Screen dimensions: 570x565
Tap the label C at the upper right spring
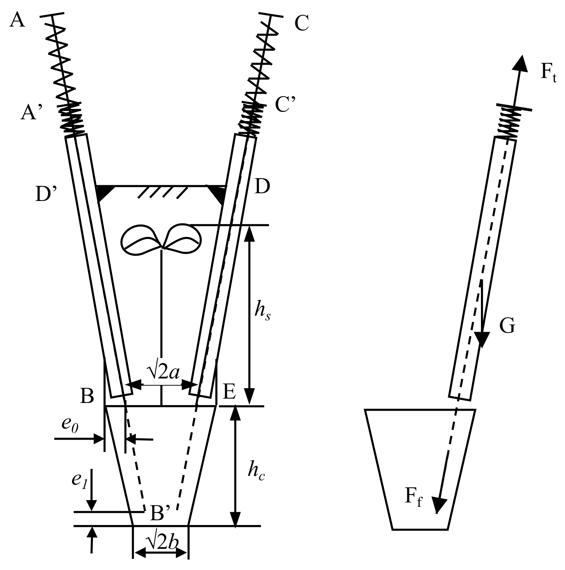pos(302,24)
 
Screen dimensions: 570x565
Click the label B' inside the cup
pos(161,513)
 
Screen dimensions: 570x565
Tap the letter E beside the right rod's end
pos(229,392)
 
